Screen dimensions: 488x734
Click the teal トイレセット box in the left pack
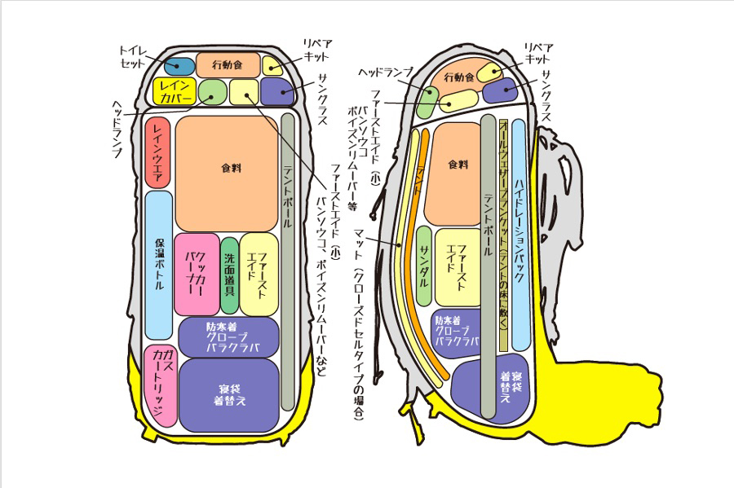click(180, 66)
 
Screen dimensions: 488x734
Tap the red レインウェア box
click(157, 152)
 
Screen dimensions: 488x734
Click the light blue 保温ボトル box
click(160, 265)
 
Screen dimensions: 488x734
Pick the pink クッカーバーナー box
click(196, 274)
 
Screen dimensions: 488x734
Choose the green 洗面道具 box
click(230, 275)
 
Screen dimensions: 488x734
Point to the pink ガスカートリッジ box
click(161, 385)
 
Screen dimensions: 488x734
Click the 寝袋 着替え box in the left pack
click(229, 395)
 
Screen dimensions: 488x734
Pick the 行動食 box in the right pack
click(459, 77)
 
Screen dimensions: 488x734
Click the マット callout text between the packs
click(359, 236)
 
